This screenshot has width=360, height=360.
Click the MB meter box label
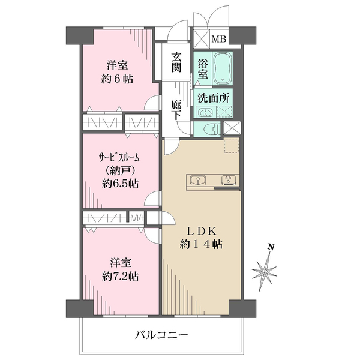tap(219, 39)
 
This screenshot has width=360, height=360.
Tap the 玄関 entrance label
tap(176, 62)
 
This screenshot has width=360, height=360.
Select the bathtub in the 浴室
tap(223, 68)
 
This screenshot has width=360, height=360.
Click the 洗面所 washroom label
tap(213, 98)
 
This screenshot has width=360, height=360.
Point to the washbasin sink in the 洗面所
tap(206, 112)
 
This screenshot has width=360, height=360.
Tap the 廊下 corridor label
tap(176, 110)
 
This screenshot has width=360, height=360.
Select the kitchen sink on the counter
tap(198, 180)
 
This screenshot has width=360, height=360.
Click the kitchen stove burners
tap(229, 180)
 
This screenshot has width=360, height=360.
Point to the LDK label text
tap(202, 232)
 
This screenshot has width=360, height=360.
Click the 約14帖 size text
tap(201, 245)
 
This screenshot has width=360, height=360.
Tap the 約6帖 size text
tap(117, 79)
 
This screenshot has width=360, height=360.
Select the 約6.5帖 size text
tap(120, 184)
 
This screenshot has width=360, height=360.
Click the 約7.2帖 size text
tap(121, 276)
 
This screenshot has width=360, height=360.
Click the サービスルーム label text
tap(119, 158)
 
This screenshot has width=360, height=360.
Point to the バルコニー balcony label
tap(161, 335)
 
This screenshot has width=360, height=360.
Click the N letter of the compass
tap(271, 247)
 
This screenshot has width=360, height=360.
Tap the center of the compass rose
tap(265, 272)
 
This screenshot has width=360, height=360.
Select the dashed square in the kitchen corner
tap(232, 145)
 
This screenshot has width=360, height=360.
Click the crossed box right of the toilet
tap(232, 128)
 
